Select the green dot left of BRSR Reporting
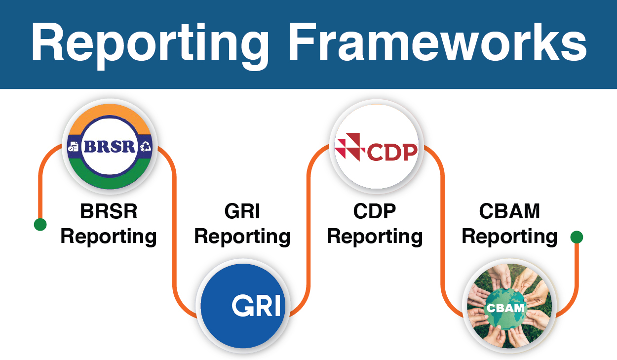(40, 224)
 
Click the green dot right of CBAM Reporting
(577, 237)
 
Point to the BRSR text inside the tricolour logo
(110, 146)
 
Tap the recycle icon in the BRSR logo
(146, 146)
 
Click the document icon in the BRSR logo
(73, 147)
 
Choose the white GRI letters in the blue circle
(256, 305)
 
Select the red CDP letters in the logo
(392, 152)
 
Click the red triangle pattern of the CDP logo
(350, 147)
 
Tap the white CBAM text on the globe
(505, 308)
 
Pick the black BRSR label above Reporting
(109, 211)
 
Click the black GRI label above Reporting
(242, 211)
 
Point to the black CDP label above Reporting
(374, 211)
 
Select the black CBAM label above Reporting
(509, 211)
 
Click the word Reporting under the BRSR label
(109, 237)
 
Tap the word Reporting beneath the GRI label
(242, 237)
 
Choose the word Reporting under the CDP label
(375, 237)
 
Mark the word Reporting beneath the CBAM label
(509, 237)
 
